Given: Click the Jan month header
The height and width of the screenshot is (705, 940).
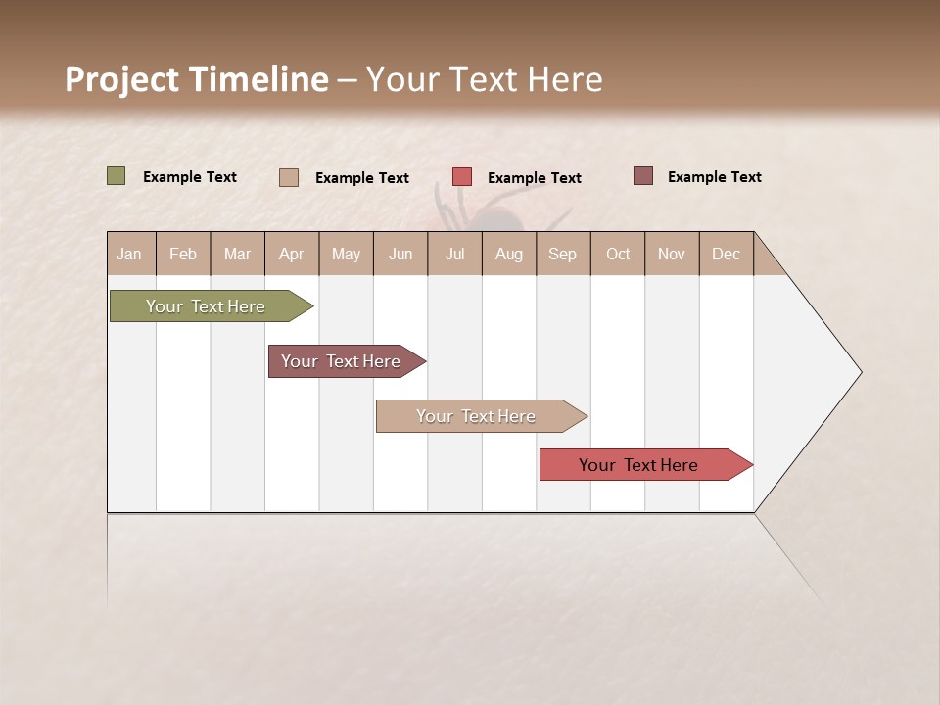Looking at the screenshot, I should click(x=129, y=254).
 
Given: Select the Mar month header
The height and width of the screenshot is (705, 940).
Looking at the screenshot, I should click(x=237, y=254).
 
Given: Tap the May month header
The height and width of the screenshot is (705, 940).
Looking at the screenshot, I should click(x=346, y=254).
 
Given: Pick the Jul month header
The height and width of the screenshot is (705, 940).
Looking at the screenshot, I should click(x=454, y=254).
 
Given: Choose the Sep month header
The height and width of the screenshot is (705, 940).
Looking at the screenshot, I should click(x=562, y=254).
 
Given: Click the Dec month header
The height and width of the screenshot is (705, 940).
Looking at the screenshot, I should click(x=726, y=254).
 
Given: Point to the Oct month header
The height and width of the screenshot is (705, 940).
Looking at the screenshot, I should click(x=618, y=254).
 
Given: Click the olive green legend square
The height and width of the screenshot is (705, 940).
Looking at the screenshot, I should click(x=117, y=176).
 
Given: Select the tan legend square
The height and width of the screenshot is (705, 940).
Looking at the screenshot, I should click(x=289, y=177).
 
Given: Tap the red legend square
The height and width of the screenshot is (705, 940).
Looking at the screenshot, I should click(x=462, y=177).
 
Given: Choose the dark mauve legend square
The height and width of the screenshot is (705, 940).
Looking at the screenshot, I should click(x=642, y=176).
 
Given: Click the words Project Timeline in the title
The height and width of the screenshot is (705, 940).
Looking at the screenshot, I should click(x=196, y=79).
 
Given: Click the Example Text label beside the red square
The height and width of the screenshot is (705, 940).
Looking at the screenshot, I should click(x=534, y=178).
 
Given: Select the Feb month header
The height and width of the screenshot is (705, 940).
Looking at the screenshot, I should click(x=183, y=254).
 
